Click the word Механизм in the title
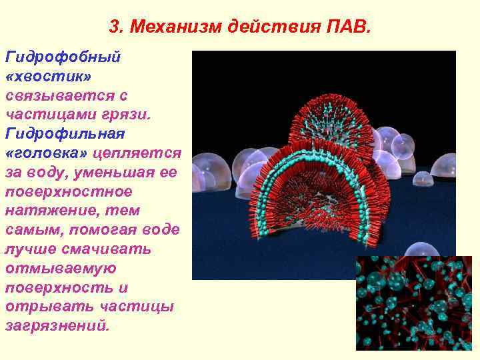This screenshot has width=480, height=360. (175, 27)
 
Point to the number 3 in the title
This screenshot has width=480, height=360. (113, 27)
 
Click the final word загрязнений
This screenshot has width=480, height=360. (55, 327)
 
